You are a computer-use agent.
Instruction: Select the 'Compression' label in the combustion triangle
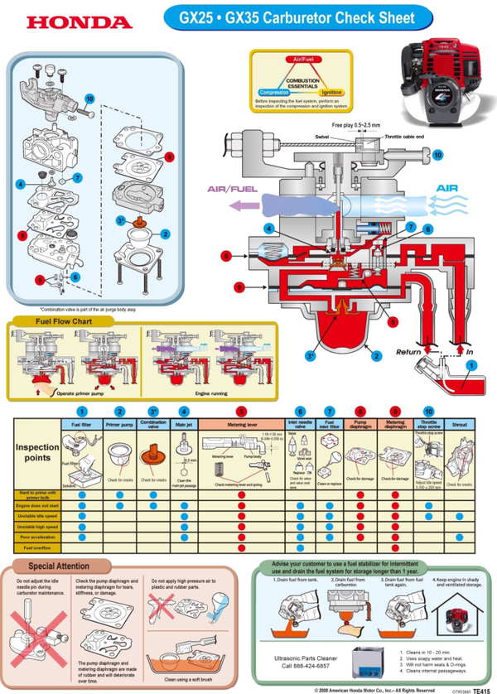coord(273,93)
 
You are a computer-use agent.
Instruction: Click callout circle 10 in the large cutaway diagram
coord(437,154)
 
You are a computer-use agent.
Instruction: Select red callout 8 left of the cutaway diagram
coord(225,256)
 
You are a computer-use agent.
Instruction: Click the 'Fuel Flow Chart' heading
coord(62,320)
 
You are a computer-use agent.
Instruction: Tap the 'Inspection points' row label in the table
coord(36,451)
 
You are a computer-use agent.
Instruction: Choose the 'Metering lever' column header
coord(240,423)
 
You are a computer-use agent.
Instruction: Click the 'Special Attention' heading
coord(59,566)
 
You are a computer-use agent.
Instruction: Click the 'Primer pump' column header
coord(120,423)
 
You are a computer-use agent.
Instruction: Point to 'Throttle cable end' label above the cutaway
coord(404,135)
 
